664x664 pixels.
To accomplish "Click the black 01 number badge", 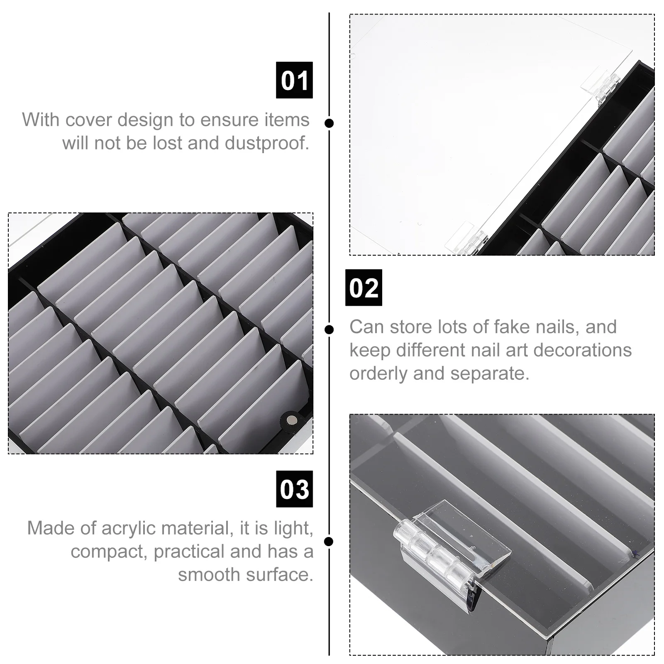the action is pos(294,80).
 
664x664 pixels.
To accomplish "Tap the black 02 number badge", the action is pos(364,288).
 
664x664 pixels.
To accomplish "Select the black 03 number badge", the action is pos(294,489).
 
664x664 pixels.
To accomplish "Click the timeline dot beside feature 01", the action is pos(330,123).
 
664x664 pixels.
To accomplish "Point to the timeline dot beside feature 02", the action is pos(330,330).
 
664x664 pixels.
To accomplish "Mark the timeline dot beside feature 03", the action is pos(330,542).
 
